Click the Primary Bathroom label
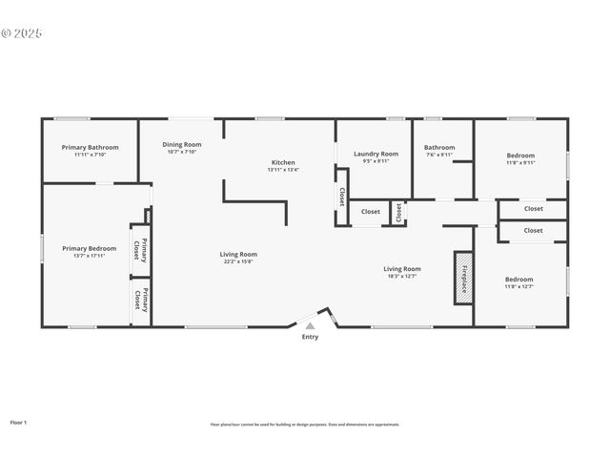90,147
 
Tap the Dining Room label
181,145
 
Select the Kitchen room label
283,163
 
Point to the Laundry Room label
376,154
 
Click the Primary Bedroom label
90,248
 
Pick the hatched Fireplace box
463,278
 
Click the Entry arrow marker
310,325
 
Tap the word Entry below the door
310,337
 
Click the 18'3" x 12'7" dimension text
402,276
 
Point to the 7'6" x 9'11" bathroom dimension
439,155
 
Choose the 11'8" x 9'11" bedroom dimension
520,162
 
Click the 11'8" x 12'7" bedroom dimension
518,286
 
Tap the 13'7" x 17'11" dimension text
90,255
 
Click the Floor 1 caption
19,421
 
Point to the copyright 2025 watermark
22,32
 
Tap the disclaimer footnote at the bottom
305,424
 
